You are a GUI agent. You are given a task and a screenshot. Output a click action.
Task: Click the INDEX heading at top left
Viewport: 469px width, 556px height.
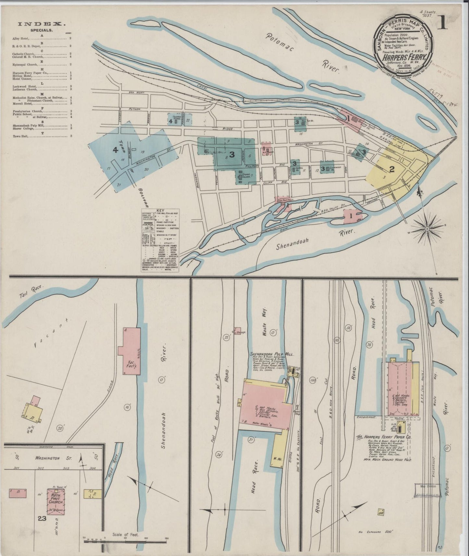[42, 24]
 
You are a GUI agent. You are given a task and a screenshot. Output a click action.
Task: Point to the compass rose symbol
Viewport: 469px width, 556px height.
[427, 229]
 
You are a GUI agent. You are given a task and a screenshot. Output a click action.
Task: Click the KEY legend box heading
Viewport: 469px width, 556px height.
[160, 210]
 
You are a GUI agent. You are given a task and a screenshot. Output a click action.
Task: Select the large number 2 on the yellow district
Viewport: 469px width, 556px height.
[392, 169]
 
